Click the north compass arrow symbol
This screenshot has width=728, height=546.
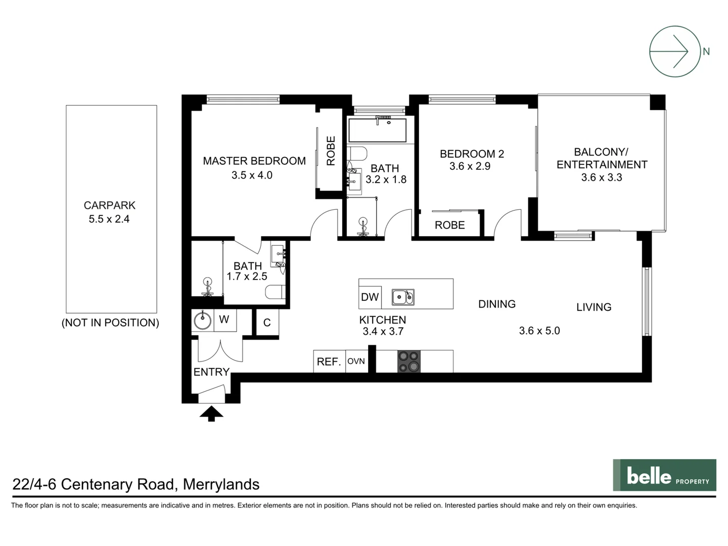tap(675, 52)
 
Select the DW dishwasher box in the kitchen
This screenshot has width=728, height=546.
tap(370, 297)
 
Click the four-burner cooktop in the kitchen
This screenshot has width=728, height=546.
tap(408, 361)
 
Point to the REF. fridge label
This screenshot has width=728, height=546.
tap(329, 362)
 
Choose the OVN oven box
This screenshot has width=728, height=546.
tap(356, 361)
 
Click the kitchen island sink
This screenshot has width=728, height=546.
tap(403, 297)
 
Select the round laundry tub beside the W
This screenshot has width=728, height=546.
tap(203, 321)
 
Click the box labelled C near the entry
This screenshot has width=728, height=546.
tap(267, 323)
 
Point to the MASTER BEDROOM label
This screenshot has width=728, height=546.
tap(254, 161)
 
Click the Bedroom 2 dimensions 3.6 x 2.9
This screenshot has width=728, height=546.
tap(470, 166)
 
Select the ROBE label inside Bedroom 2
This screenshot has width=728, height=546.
tap(449, 225)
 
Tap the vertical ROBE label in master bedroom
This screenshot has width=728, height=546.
tap(331, 151)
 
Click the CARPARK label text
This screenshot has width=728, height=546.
tap(110, 205)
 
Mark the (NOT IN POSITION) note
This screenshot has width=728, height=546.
tap(110, 323)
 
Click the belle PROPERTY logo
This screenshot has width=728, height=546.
tap(664, 475)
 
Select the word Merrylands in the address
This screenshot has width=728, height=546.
tap(221, 484)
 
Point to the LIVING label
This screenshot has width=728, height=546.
tap(594, 307)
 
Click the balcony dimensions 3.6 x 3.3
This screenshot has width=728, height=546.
tap(602, 177)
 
